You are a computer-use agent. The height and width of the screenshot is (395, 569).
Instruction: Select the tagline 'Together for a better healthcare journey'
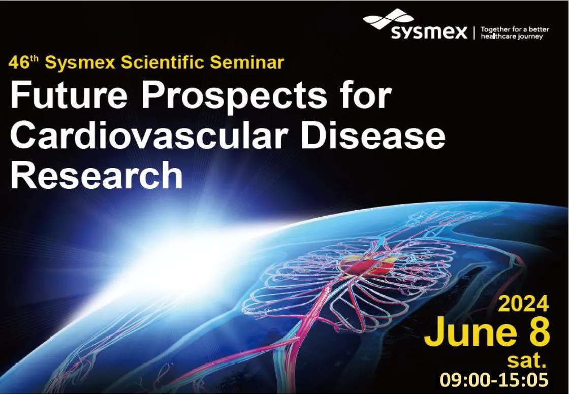(514, 33)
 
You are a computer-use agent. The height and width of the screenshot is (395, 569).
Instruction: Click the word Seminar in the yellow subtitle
(252, 63)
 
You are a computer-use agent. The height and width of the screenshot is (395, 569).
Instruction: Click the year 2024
(523, 304)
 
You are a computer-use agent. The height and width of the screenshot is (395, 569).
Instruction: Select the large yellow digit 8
(536, 333)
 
